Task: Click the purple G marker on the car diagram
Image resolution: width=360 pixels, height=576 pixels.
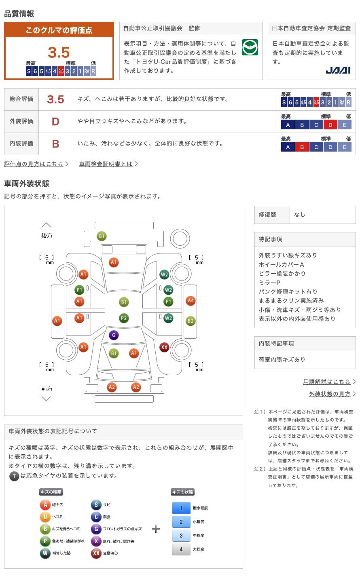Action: tap(114, 335)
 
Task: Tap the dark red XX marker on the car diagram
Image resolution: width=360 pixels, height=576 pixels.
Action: tap(164, 347)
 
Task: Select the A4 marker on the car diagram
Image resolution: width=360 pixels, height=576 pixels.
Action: tap(191, 301)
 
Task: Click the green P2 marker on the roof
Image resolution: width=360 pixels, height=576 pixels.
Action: tap(124, 319)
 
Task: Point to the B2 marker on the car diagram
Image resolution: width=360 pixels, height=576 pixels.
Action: tap(191, 321)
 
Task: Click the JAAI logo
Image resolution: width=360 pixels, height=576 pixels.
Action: tap(338, 70)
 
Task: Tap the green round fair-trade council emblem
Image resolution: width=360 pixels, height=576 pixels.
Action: tap(250, 47)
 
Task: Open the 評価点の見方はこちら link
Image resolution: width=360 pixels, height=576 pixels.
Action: tap(34, 164)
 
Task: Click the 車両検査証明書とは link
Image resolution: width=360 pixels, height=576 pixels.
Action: tap(106, 164)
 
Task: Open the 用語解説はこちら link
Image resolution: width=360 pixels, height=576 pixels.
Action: tap(326, 382)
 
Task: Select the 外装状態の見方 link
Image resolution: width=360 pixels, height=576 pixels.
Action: tap(330, 394)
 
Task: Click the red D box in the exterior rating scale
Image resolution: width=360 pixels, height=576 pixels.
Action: tap(330, 125)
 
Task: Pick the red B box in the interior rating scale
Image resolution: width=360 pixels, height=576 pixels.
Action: tap(302, 147)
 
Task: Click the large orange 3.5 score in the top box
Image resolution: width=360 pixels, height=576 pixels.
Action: tap(59, 53)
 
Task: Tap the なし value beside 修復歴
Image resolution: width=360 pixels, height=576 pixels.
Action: tap(300, 215)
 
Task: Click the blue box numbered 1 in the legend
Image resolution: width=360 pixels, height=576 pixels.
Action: tap(181, 508)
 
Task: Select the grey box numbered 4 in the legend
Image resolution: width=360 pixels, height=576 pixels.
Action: tap(181, 549)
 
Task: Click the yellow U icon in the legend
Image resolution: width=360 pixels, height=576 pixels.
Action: tap(45, 517)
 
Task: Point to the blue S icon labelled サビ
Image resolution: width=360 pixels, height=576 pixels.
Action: tap(96, 504)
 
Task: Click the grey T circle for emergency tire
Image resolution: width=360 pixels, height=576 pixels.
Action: tap(14, 476)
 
